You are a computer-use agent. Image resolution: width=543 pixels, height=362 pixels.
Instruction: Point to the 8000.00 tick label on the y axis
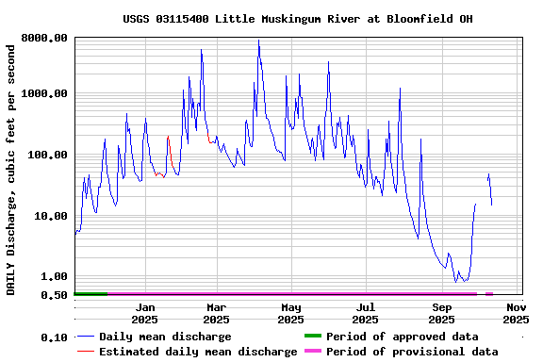pyautogui.click(x=45, y=38)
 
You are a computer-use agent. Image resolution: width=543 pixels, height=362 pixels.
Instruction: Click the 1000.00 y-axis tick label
pyautogui.click(x=45, y=93)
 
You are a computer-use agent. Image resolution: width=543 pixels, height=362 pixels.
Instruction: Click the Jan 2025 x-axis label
pyautogui.click(x=144, y=313)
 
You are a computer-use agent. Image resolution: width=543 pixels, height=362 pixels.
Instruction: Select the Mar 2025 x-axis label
pyautogui.click(x=216, y=313)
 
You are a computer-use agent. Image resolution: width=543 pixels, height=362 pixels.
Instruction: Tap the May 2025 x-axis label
pyautogui.click(x=290, y=313)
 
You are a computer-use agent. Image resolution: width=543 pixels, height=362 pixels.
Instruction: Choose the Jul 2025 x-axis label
pyautogui.click(x=366, y=313)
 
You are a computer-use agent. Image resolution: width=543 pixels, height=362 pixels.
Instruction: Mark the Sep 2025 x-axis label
pyautogui.click(x=441, y=313)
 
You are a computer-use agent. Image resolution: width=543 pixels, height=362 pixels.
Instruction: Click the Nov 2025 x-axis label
pyautogui.click(x=516, y=313)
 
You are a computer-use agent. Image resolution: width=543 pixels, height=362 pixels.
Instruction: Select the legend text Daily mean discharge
pyautogui.click(x=165, y=337)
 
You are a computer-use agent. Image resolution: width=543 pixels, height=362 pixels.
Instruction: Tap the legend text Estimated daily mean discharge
pyautogui.click(x=198, y=352)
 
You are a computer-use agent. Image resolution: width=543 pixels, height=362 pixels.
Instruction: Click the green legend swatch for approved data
pyautogui.click(x=312, y=337)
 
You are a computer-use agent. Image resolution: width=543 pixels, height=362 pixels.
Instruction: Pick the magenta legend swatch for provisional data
pyautogui.click(x=312, y=352)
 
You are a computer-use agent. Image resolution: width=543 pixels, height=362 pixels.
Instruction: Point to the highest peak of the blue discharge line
pyautogui.click(x=258, y=41)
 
